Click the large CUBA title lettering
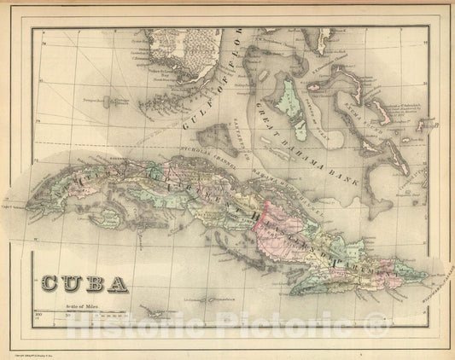[x=83, y=282]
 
